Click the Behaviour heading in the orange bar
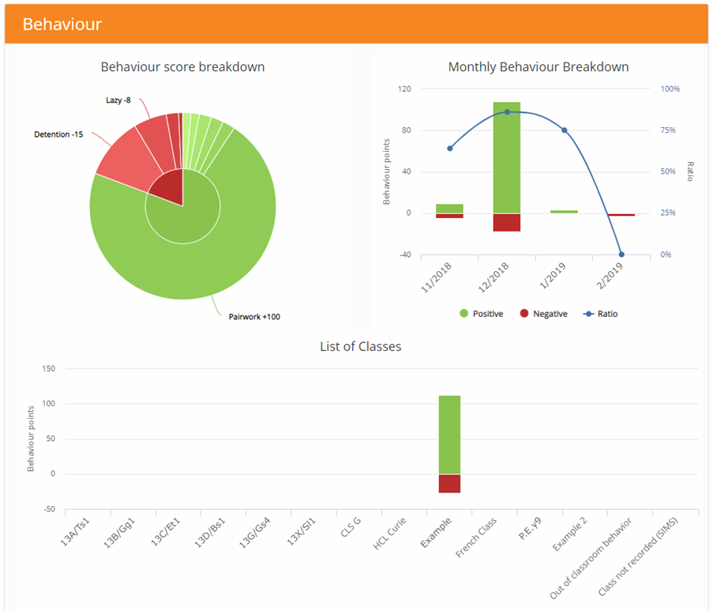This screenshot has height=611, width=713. pyautogui.click(x=62, y=24)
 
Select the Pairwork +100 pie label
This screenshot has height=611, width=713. pyautogui.click(x=253, y=317)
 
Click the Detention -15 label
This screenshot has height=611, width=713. pyautogui.click(x=58, y=134)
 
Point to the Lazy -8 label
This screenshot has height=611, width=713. pyautogui.click(x=118, y=100)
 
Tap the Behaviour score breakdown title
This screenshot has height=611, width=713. pyautogui.click(x=182, y=67)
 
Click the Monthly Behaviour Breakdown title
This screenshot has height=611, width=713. pyautogui.click(x=538, y=67)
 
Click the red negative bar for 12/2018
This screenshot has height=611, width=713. pyautogui.click(x=506, y=222)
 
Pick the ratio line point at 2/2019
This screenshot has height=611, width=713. pyautogui.click(x=621, y=255)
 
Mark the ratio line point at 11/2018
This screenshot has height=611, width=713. pyautogui.click(x=449, y=148)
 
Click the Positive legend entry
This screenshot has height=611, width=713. pyautogui.click(x=481, y=314)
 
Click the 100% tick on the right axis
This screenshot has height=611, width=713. pyautogui.click(x=670, y=89)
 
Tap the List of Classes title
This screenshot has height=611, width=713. pyautogui.click(x=360, y=346)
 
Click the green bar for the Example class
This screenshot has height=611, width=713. pyautogui.click(x=449, y=434)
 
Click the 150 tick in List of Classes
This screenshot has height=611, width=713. pyautogui.click(x=48, y=368)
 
